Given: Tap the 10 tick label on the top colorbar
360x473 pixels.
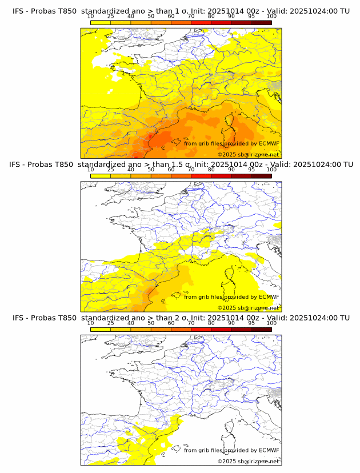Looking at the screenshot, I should point(90,16).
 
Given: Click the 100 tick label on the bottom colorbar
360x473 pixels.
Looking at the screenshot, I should point(271,323).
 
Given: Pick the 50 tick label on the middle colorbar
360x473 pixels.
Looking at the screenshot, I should point(151,170).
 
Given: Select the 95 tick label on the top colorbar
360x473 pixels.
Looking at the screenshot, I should point(251,16).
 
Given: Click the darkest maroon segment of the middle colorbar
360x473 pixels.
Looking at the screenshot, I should point(261,175).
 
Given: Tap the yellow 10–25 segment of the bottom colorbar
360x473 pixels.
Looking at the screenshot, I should point(101,328).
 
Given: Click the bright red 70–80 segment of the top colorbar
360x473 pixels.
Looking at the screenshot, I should point(201,22).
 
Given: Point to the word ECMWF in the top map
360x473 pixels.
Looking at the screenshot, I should point(269,143).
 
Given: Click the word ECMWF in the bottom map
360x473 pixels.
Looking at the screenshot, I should point(269,450).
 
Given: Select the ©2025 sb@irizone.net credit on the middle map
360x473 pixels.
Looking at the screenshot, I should point(249,308).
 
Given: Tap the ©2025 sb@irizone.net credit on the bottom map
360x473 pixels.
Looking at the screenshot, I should point(249,461).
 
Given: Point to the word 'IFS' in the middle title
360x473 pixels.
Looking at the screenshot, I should point(18,165).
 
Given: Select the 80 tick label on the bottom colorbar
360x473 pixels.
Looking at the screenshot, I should point(211,323).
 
